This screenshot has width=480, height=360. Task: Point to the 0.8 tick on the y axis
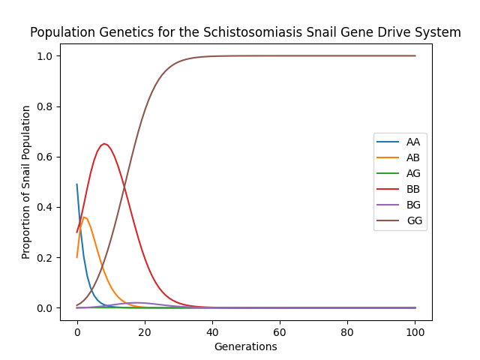point(46,106)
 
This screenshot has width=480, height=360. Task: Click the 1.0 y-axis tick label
point(46,56)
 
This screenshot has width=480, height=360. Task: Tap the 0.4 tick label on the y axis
point(46,208)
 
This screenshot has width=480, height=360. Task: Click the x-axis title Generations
point(245,346)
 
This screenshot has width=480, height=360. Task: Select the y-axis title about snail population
point(26,182)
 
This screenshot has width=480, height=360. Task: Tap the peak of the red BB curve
point(104,144)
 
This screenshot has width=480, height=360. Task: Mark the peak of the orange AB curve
point(85,217)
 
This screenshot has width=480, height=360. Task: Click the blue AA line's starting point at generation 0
point(77,184)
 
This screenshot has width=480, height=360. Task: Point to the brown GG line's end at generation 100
point(415,56)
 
